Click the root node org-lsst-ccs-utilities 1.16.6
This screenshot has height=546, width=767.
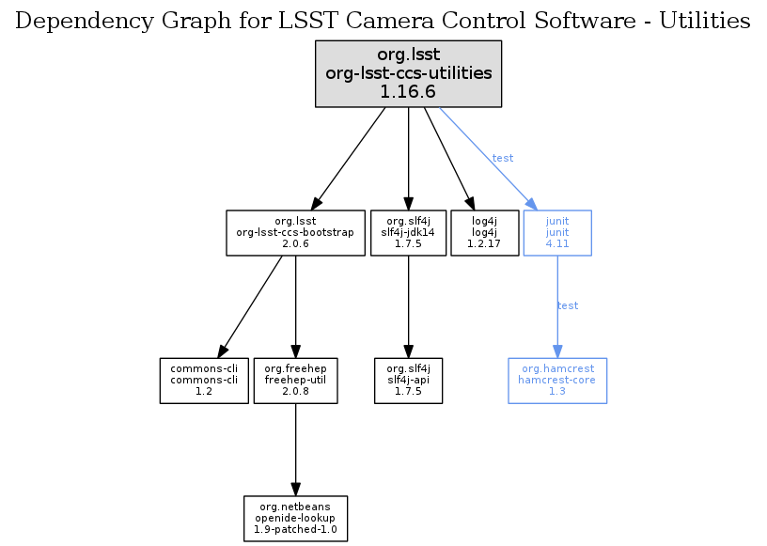click(408, 72)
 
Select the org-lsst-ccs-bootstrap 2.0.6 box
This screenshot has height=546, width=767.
click(295, 232)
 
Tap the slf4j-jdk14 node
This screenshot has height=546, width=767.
click(408, 232)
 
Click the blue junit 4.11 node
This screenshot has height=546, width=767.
click(557, 232)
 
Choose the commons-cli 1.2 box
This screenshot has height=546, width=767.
click(204, 380)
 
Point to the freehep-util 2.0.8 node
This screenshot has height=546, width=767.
click(295, 380)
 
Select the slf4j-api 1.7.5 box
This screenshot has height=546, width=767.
click(408, 380)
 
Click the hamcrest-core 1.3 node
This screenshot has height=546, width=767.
click(557, 380)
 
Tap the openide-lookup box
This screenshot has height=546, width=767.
click(295, 518)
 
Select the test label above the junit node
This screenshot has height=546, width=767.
click(503, 158)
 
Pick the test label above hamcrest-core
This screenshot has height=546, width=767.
click(568, 305)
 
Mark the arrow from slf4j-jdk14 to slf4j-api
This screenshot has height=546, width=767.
click(408, 305)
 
